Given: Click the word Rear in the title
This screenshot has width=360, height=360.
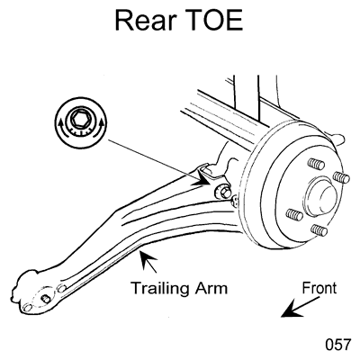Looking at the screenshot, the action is pyautogui.click(x=146, y=20).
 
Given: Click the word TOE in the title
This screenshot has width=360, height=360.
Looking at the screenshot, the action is pyautogui.click(x=214, y=20).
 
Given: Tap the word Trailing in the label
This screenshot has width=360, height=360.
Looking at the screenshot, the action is pyautogui.click(x=160, y=289).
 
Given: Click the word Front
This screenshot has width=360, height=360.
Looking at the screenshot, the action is pyautogui.click(x=319, y=288).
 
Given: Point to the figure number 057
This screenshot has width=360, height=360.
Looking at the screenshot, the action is pyautogui.click(x=337, y=344).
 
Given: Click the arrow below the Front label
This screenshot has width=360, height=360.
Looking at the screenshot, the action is pyautogui.click(x=300, y=307).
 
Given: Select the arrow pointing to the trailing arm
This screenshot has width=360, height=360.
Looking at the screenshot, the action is pyautogui.click(x=148, y=262).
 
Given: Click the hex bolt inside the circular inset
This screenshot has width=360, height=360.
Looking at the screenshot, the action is pyautogui.click(x=80, y=118).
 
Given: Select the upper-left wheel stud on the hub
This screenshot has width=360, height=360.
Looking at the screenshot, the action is pyautogui.click(x=316, y=164).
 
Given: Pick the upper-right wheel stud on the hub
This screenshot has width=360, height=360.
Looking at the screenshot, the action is pyautogui.click(x=341, y=177).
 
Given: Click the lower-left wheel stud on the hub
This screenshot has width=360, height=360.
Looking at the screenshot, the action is pyautogui.click(x=294, y=214).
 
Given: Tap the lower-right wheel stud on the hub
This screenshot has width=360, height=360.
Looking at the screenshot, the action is pyautogui.click(x=319, y=229).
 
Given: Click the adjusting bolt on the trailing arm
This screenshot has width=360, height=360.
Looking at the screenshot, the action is pyautogui.click(x=222, y=192).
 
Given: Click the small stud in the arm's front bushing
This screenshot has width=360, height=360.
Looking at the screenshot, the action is pyautogui.click(x=46, y=299).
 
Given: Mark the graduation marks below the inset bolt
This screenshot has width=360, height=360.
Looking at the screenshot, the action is pyautogui.click(x=80, y=130).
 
